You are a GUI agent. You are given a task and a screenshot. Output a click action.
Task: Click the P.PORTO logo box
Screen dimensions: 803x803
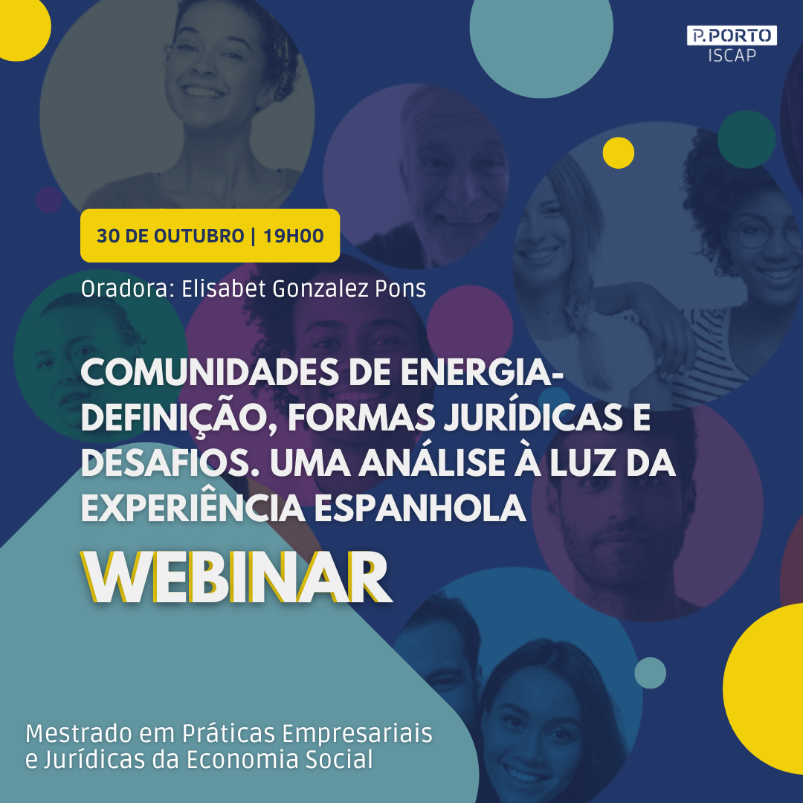click(x=732, y=36)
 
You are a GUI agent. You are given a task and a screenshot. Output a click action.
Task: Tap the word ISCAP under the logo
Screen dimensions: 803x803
click(x=732, y=55)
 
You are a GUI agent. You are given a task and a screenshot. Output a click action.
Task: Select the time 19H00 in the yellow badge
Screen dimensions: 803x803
click(x=294, y=236)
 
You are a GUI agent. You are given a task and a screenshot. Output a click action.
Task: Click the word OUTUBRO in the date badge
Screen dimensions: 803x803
click(x=199, y=236)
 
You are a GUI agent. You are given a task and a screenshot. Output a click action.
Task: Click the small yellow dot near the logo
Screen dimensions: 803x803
click(x=618, y=152)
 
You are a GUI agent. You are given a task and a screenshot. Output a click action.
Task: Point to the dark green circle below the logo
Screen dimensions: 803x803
click(x=746, y=139)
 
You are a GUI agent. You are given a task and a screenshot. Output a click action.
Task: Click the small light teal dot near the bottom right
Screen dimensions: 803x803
click(x=650, y=672)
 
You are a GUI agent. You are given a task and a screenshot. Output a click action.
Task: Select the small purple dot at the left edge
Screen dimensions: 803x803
click(x=48, y=199)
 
